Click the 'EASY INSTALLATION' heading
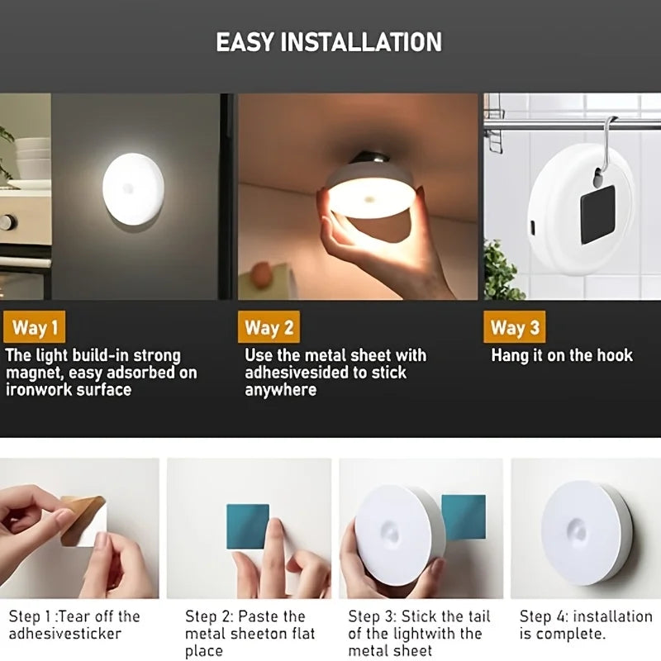pyautogui.click(x=329, y=41)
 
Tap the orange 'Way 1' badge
pyautogui.click(x=35, y=328)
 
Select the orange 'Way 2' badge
pyautogui.click(x=269, y=328)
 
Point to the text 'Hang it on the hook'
pyautogui.click(x=561, y=355)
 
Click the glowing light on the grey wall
pyautogui.click(x=133, y=189)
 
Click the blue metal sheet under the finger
pyautogui.click(x=247, y=526)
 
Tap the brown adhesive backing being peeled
pyautogui.click(x=83, y=519)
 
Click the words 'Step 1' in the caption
pyautogui.click(x=27, y=616)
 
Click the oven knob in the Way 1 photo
pyautogui.click(x=7, y=221)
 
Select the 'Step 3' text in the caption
pyautogui.click(x=370, y=616)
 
